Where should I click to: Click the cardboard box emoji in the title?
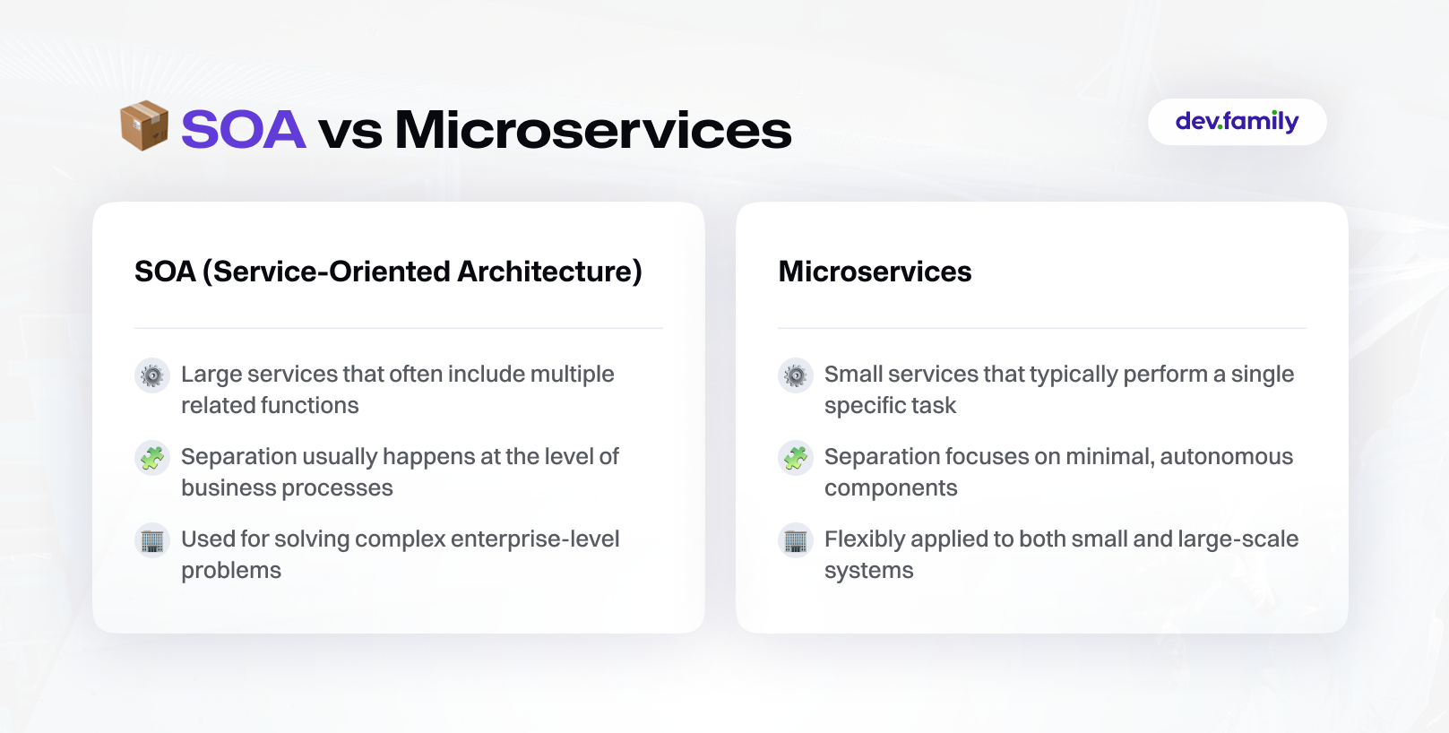[144, 125]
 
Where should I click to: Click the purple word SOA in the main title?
[243, 129]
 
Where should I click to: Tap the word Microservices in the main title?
[593, 129]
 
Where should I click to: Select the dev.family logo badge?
[1237, 122]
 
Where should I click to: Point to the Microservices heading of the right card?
[875, 272]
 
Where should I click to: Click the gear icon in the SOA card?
[152, 375]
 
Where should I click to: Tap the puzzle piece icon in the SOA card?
[152, 458]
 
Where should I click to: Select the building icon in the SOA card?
[152, 540]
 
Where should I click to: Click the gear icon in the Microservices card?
[795, 375]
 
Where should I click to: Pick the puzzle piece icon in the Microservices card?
[795, 458]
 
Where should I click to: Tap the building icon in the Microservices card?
[795, 540]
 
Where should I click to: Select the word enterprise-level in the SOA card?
[535, 539]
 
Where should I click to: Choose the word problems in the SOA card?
[231, 572]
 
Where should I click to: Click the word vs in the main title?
[350, 134]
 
